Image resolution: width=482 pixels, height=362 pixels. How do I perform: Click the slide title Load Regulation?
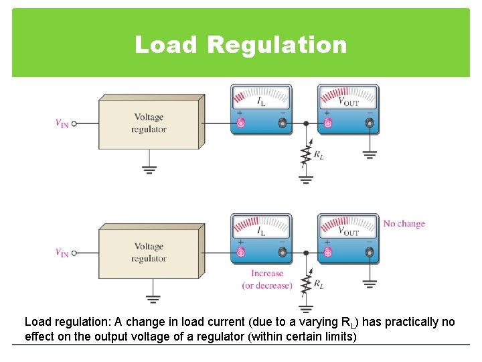click(241, 45)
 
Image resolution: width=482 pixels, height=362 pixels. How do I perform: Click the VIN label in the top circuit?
click(62, 123)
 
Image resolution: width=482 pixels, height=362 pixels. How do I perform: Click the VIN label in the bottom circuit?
click(62, 253)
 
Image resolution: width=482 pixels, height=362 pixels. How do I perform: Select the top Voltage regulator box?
click(149, 123)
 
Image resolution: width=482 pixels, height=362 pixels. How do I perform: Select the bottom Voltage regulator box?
click(149, 253)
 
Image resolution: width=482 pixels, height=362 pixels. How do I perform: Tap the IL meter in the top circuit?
click(261, 109)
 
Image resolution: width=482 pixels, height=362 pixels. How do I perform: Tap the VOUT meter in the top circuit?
click(348, 109)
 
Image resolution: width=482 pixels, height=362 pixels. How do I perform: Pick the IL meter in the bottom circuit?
click(261, 239)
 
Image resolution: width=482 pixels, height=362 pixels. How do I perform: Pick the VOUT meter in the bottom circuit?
click(348, 239)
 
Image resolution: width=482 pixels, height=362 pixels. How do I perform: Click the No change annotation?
click(404, 224)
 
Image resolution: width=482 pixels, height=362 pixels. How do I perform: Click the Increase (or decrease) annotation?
click(267, 280)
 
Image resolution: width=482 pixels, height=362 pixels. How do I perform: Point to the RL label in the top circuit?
click(319, 156)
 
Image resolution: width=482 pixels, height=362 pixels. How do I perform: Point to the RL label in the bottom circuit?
click(319, 285)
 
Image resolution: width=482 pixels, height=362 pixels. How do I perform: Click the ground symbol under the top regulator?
click(149, 169)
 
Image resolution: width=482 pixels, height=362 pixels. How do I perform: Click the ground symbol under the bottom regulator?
click(153, 299)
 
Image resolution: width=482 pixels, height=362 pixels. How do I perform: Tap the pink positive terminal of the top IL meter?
click(241, 123)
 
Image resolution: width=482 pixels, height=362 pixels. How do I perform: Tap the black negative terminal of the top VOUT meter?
click(369, 123)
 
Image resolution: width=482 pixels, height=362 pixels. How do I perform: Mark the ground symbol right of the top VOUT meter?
click(370, 154)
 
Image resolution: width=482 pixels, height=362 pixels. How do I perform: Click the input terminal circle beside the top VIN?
click(74, 123)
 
